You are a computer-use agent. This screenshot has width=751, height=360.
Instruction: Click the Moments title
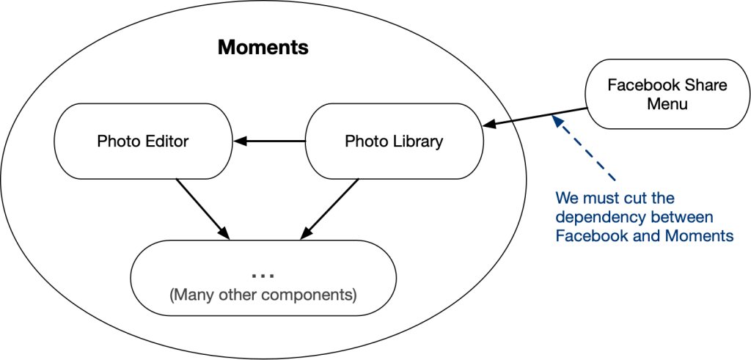click(263, 49)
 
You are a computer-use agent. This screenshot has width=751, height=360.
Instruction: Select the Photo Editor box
click(143, 141)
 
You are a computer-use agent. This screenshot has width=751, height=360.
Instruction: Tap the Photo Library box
click(394, 141)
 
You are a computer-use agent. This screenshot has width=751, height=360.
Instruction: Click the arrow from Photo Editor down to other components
click(202, 208)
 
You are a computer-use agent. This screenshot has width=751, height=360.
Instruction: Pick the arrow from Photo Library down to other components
click(331, 208)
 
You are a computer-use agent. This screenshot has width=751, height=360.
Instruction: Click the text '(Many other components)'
click(263, 295)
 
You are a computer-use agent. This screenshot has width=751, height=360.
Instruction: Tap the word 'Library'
click(417, 141)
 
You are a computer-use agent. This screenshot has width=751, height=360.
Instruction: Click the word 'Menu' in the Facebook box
click(667, 104)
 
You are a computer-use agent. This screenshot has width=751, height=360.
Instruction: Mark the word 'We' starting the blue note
click(566, 199)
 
